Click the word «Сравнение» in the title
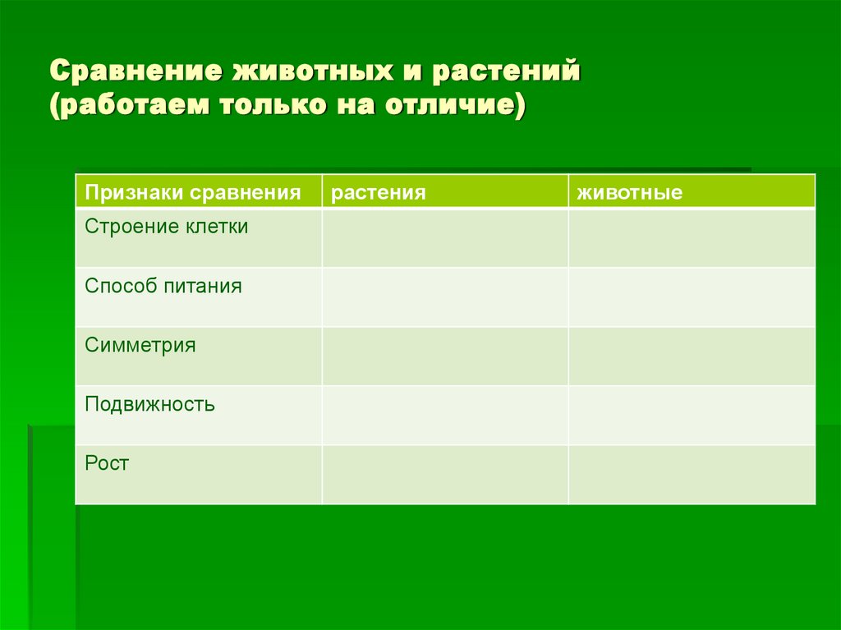point(134,71)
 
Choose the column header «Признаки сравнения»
point(192,193)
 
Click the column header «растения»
point(379,193)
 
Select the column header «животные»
point(629,193)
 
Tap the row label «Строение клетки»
point(166,227)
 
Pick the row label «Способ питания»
point(163,286)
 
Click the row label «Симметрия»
point(140,345)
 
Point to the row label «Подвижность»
point(149,404)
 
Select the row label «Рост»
point(107,463)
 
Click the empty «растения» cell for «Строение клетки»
point(444,238)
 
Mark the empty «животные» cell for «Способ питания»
point(692,297)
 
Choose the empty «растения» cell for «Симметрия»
point(444,356)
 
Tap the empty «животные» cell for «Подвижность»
point(692,416)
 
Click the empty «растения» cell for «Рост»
point(444,475)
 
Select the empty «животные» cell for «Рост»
point(692,475)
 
